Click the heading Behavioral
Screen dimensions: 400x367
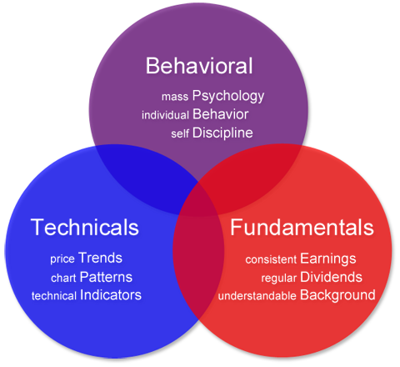click(199, 66)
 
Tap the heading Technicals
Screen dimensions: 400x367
click(85, 227)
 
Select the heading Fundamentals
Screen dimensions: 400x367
click(302, 227)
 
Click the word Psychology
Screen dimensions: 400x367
click(228, 96)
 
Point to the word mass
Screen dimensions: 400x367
click(175, 97)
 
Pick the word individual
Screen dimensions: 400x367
click(165, 115)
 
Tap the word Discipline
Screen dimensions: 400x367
click(222, 133)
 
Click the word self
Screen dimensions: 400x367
click(180, 133)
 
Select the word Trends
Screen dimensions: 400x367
click(100, 258)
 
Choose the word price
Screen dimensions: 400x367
click(62, 259)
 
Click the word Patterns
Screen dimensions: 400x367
click(106, 277)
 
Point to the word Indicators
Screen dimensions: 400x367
click(111, 295)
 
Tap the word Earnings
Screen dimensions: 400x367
click(328, 259)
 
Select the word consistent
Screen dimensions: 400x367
click(271, 259)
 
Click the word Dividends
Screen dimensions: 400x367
click(331, 277)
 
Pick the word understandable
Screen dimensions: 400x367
click(257, 296)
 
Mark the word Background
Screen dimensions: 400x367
click(337, 295)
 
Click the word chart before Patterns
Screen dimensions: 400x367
click(63, 278)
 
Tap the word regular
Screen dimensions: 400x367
click(279, 279)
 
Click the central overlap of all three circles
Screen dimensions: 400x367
click(199, 199)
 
